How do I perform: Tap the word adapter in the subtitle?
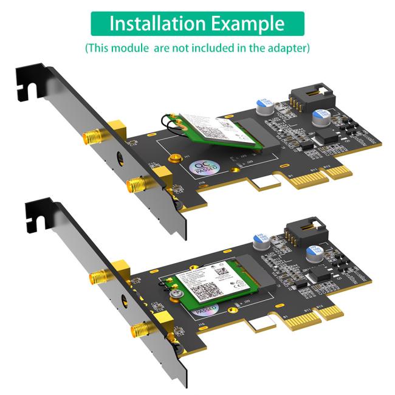pyautogui.click(x=290, y=47)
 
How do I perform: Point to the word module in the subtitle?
pyautogui.click(x=135, y=47)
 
